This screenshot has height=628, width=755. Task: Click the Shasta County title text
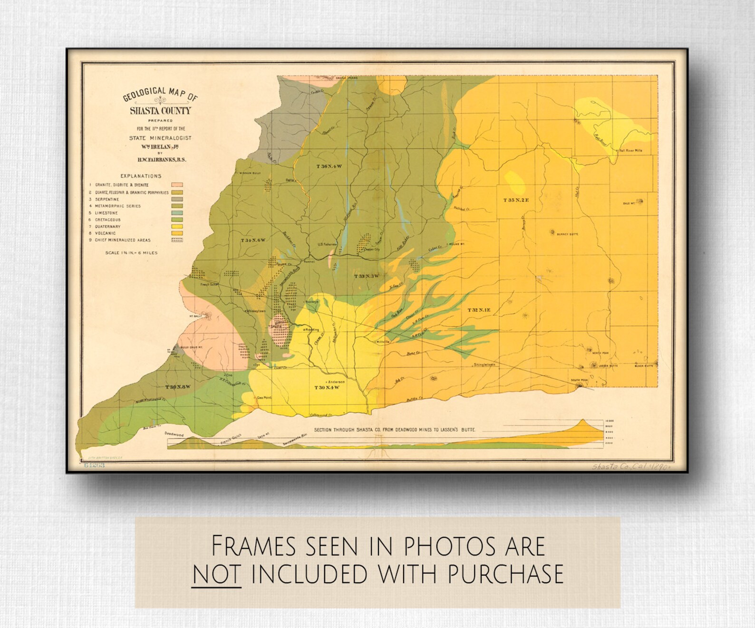point(161,111)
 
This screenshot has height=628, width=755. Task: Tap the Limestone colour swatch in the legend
point(177,213)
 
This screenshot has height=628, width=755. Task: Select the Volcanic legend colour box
point(177,233)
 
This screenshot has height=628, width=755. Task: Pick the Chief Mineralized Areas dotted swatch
point(177,240)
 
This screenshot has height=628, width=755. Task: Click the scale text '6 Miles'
point(145,253)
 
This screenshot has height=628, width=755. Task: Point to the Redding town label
point(312,329)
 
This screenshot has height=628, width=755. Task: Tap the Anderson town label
point(336,382)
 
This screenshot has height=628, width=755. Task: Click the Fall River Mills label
point(630,150)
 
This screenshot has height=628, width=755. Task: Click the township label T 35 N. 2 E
point(516,200)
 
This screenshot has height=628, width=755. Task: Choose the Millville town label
point(383,342)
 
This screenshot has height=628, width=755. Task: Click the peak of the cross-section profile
point(584,420)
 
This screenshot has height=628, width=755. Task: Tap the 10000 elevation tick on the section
point(610,421)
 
